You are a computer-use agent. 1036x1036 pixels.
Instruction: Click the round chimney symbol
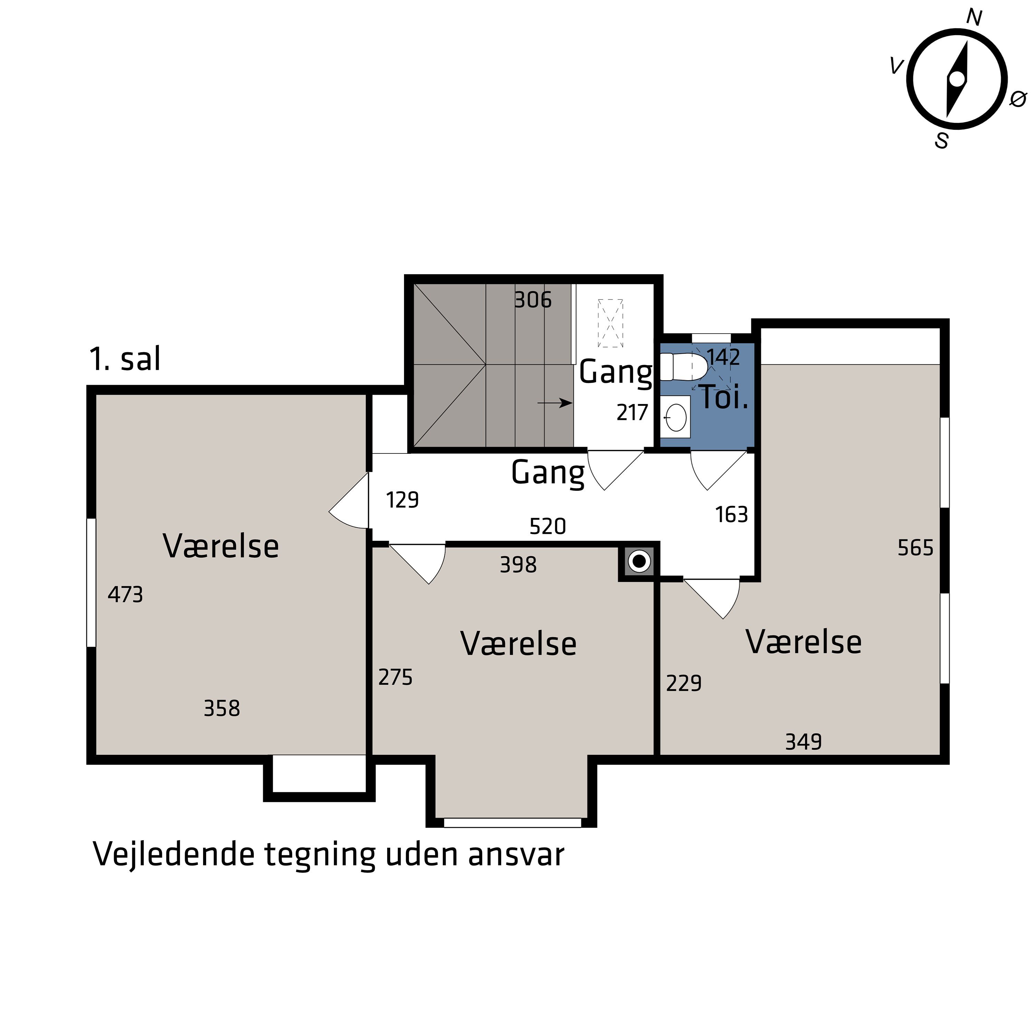pos(639,562)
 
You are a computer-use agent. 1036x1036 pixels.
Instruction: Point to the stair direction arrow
pos(555,403)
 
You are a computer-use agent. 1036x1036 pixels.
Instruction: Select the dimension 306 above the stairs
pos(533,300)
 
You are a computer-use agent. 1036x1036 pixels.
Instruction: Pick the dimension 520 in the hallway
pos(547,527)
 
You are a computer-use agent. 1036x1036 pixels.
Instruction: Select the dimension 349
pos(803,742)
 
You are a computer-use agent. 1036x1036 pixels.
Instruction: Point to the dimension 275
pos(395,677)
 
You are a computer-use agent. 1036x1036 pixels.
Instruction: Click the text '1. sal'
pos(125,359)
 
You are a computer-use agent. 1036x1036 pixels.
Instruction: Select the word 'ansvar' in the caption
pos(516,854)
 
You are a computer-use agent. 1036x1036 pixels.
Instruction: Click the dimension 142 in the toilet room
pos(723,357)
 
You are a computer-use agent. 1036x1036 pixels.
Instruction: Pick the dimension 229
pos(684,683)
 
